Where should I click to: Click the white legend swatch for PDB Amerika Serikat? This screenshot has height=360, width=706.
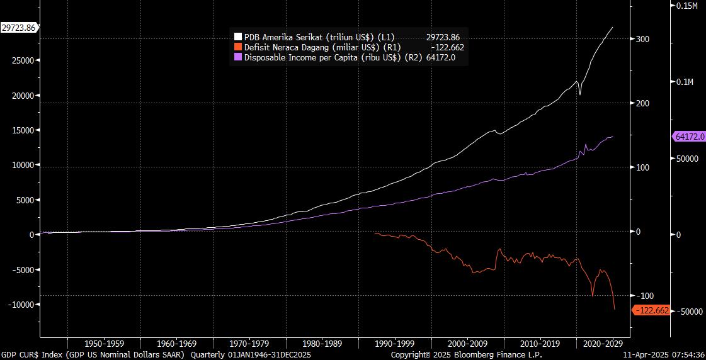(x=238, y=37)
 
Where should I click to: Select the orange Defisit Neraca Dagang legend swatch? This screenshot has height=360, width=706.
(x=238, y=47)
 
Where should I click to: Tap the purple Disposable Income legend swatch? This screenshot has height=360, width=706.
(x=238, y=57)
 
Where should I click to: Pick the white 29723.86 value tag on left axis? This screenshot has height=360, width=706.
(x=19, y=28)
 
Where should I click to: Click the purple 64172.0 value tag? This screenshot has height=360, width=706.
(x=688, y=137)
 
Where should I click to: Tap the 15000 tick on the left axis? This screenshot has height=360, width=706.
(x=23, y=130)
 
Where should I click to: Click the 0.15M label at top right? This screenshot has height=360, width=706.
(x=687, y=6)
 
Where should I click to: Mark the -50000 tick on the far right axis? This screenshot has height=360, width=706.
(x=686, y=312)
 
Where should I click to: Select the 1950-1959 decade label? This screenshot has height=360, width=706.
(x=104, y=344)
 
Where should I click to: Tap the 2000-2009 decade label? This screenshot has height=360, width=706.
(x=468, y=344)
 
